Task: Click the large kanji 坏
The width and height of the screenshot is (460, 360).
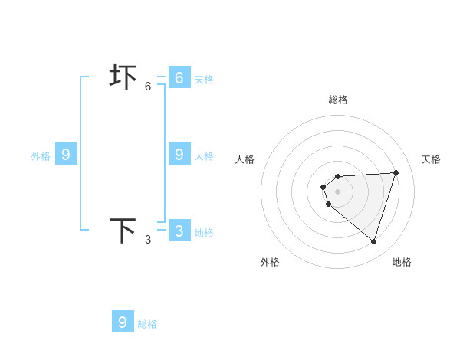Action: [122, 77]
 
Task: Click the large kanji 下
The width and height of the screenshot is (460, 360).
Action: [122, 231]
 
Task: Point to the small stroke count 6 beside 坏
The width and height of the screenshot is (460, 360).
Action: [148, 87]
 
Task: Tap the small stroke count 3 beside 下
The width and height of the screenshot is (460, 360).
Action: [148, 240]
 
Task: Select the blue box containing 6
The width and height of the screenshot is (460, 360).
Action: [179, 77]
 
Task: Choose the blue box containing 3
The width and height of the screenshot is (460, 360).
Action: [179, 231]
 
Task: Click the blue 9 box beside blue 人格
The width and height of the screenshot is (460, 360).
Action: [179, 154]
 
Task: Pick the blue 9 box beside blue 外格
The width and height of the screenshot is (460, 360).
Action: [65, 154]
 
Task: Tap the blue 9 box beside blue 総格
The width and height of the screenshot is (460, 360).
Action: [122, 322]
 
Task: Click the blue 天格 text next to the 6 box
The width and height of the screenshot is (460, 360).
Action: [204, 80]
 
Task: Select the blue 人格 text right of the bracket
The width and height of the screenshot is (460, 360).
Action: [204, 156]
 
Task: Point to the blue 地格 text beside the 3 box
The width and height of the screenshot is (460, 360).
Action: [204, 233]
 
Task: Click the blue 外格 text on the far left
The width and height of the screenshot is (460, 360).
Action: [41, 156]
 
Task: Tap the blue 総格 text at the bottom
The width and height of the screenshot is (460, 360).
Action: [147, 324]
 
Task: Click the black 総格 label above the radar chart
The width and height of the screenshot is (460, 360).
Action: [338, 100]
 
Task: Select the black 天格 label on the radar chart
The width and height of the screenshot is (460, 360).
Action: [431, 159]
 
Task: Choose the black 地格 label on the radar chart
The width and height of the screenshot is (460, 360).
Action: [402, 262]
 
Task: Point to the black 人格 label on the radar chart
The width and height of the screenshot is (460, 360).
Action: [245, 159]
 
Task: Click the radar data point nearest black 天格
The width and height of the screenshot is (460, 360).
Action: [396, 172]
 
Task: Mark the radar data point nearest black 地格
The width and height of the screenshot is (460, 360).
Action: [373, 241]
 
